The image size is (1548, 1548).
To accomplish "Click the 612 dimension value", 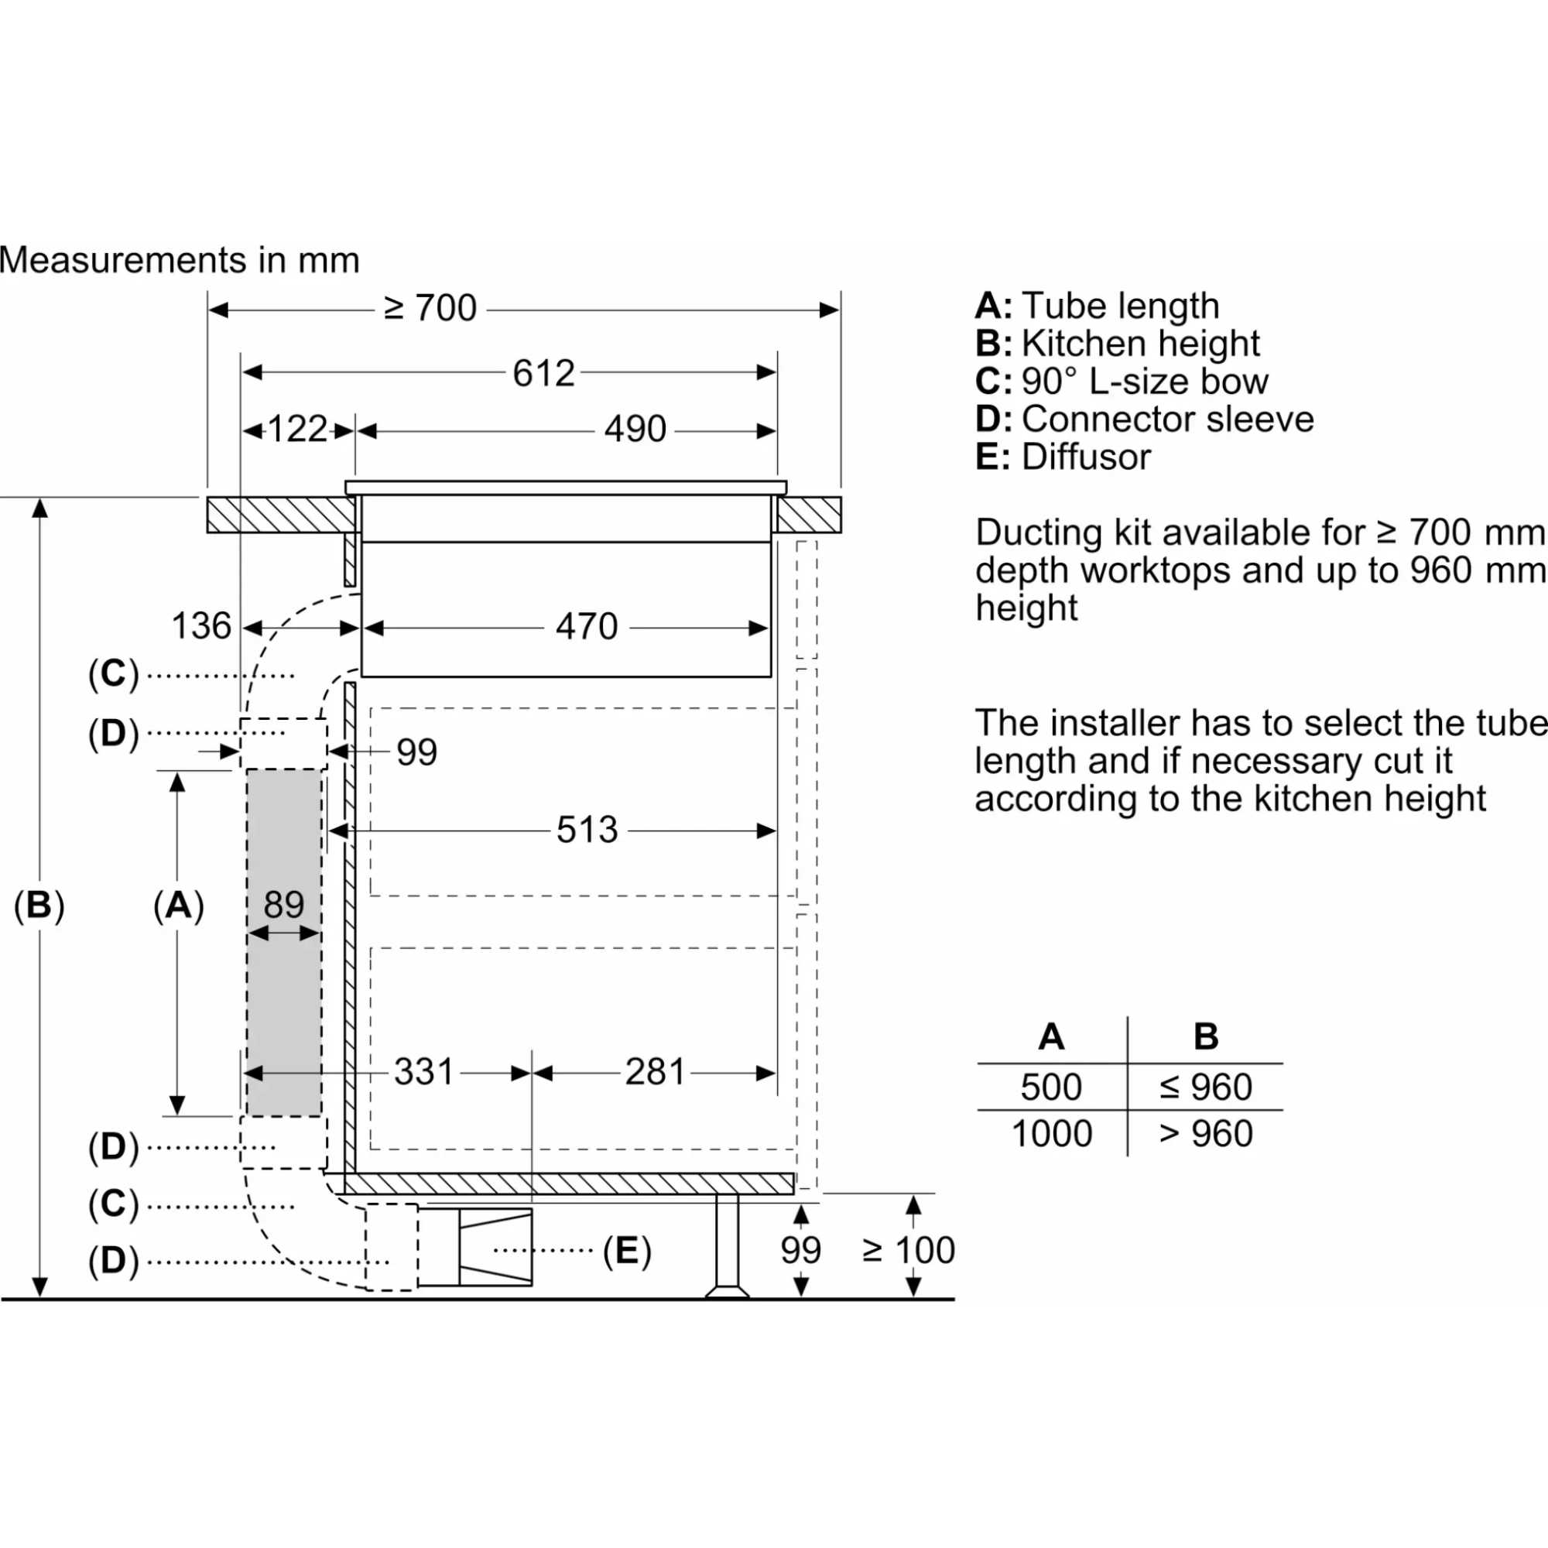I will pos(543,373).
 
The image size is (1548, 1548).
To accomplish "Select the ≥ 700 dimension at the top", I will pos(430,309).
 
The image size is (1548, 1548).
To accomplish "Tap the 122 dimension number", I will pos(297,430).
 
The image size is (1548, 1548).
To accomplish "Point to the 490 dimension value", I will pos(635,430).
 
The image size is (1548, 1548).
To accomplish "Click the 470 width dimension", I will pos(587,627).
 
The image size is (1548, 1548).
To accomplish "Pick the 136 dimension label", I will pos(201,627).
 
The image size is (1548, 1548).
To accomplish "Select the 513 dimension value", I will pos(587,830).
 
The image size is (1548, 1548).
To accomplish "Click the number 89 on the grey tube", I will pos(283,905).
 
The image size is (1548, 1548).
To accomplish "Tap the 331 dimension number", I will pos(424,1072).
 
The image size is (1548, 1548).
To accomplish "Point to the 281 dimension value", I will pos(655,1072).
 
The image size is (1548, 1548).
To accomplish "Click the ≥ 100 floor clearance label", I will pos(908,1250).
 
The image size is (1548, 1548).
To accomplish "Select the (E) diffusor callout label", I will pos(627,1251).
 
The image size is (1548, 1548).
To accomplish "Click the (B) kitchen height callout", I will pos(39,905).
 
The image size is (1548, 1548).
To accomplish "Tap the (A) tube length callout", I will pos(178,905).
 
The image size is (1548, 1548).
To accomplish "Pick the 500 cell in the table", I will pos(1050,1087).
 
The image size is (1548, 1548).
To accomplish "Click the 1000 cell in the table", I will pos(1050,1134).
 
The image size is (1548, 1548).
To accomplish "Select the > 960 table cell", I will pos(1205,1134).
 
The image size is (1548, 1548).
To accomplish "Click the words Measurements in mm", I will pos(180,260).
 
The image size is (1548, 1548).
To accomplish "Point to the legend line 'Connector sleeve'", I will pos(1144,419).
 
